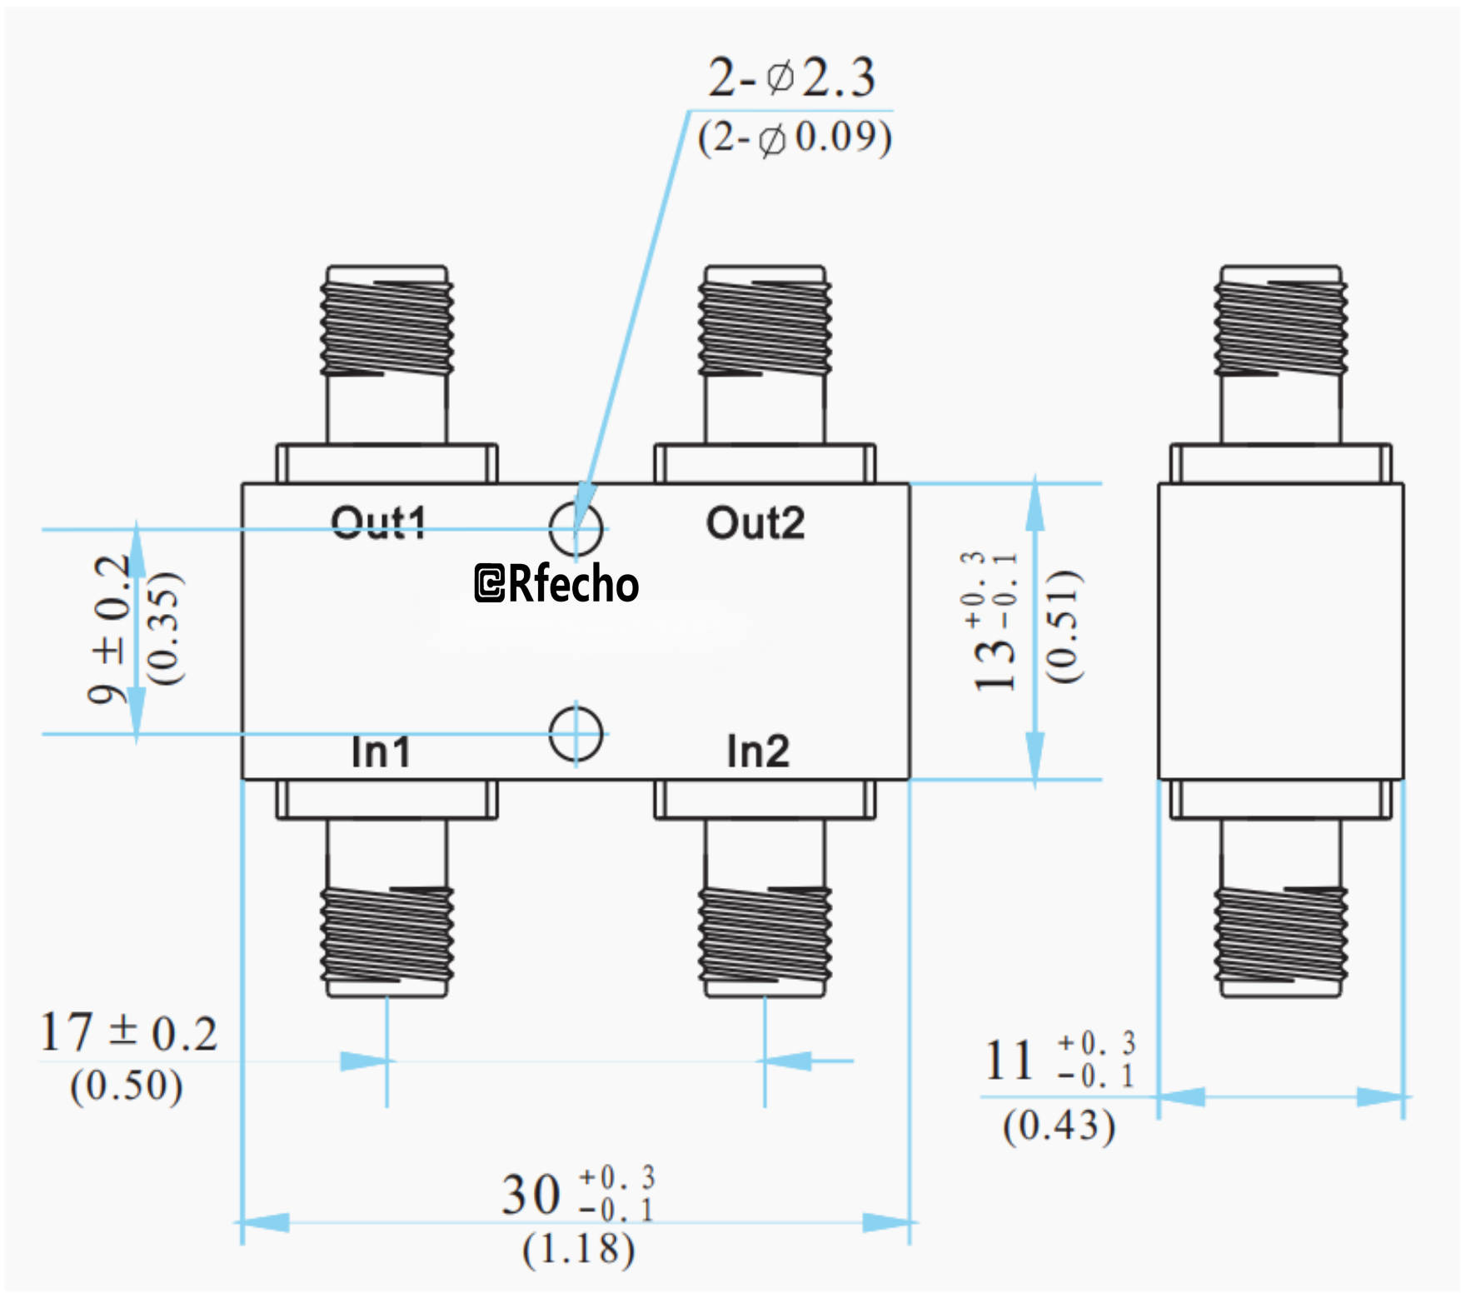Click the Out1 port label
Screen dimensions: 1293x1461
coord(379,523)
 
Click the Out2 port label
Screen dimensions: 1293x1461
coord(755,523)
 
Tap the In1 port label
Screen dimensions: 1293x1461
coord(381,751)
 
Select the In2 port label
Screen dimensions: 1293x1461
coord(758,751)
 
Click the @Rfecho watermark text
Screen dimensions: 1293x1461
coord(556,583)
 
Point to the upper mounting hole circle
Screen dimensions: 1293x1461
coord(576,528)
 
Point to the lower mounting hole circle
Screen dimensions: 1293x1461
coord(576,734)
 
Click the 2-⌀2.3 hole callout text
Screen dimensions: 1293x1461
coord(791,78)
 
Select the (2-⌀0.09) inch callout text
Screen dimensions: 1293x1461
coord(795,137)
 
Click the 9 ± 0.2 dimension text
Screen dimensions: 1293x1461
coord(111,630)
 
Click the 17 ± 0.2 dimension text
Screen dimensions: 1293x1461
coord(128,1033)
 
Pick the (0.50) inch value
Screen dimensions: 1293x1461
coord(127,1086)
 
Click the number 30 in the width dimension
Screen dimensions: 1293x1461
coord(531,1195)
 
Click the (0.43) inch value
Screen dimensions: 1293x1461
coord(1059,1126)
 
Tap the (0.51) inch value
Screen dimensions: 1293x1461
coord(1064,627)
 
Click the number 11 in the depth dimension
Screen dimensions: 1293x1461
coord(1010,1061)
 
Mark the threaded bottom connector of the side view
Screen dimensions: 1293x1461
coord(1280,933)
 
